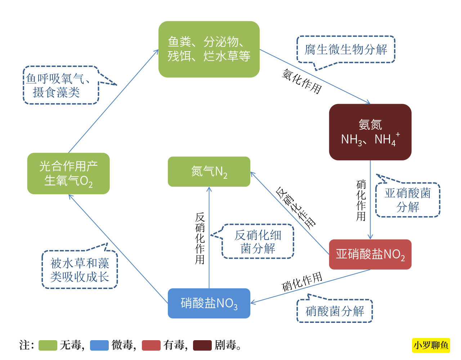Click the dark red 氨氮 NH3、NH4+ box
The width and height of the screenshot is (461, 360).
tap(370, 132)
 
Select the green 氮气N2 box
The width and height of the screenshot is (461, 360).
tap(209, 172)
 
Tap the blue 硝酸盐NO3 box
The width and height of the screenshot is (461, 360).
tap(209, 303)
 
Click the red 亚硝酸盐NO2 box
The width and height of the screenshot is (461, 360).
tap(370, 254)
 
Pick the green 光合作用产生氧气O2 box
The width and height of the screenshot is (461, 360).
tap(68, 173)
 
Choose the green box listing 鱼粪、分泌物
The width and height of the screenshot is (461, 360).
tap(209, 49)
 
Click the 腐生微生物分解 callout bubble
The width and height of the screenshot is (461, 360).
tap(346, 49)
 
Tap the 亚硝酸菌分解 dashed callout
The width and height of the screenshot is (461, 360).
tap(408, 200)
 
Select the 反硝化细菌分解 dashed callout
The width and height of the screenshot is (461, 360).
tap(258, 241)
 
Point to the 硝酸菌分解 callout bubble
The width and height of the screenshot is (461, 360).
tap(335, 311)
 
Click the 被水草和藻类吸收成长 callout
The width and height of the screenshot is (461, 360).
tap(80, 270)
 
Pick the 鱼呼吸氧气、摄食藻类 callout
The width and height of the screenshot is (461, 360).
tap(61, 85)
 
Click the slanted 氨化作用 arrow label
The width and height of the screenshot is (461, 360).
tap(301, 81)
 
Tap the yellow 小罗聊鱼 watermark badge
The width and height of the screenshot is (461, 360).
tap(431, 345)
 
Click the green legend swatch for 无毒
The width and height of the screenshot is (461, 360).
tap(48, 345)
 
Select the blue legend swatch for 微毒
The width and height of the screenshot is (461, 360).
tap(99, 345)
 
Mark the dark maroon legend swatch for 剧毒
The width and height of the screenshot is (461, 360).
tap(202, 345)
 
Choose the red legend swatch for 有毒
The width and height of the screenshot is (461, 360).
tap(151, 345)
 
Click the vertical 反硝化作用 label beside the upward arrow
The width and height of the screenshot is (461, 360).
tap(200, 238)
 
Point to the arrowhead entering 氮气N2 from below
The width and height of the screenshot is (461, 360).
tap(209, 189)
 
